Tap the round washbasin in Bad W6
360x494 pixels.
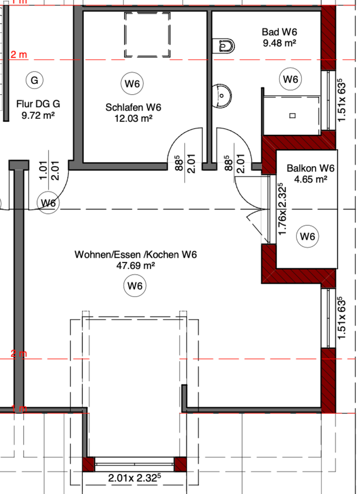click(223, 94)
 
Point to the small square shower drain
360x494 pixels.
click(292, 115)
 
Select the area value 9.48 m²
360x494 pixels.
click(279, 43)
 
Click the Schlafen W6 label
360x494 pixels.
click(134, 108)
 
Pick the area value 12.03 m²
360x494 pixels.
click(134, 118)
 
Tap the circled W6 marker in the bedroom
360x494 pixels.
click(133, 83)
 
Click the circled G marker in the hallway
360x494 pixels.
click(34, 80)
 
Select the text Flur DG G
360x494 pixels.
click(38, 102)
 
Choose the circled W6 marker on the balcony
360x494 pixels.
click(308, 237)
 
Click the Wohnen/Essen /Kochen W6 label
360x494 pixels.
click(136, 255)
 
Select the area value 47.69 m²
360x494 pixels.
click(136, 266)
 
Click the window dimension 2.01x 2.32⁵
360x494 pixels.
click(135, 478)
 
